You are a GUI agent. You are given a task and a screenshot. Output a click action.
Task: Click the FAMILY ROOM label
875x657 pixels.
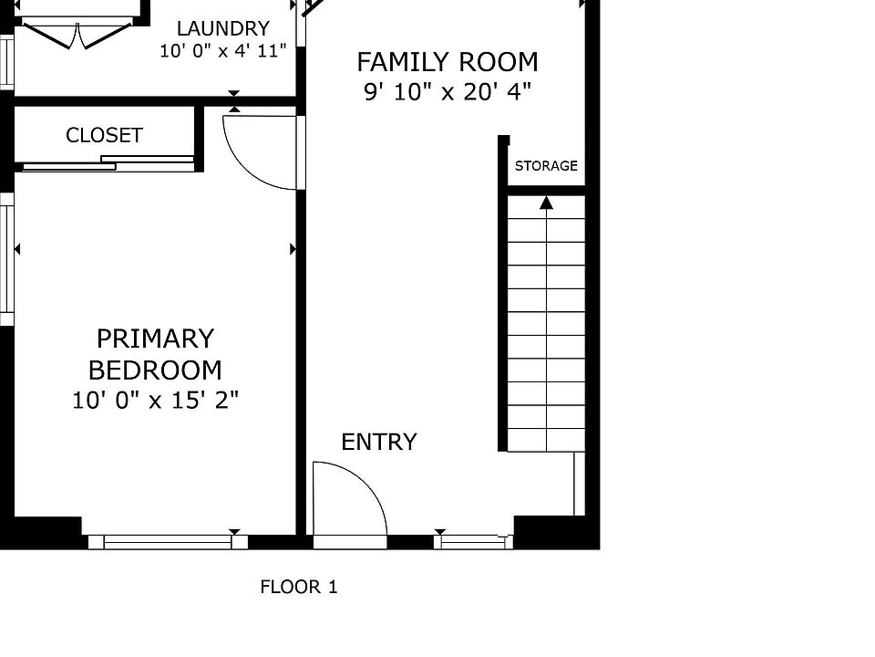447,62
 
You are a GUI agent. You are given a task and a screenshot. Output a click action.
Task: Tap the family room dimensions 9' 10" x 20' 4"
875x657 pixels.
447,91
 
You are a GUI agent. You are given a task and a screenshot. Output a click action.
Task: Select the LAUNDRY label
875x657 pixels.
223,28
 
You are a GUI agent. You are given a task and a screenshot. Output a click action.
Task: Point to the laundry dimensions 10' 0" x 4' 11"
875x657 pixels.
223,51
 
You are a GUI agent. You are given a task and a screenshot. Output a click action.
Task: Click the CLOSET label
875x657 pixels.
104,135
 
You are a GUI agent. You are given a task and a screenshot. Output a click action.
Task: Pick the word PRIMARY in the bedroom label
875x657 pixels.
155,339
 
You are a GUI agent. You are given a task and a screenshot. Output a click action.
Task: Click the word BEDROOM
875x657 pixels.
155,370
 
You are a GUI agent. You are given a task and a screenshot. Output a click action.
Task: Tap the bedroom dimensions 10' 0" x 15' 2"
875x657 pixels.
155,401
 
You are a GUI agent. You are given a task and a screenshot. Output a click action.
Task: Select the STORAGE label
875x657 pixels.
546,166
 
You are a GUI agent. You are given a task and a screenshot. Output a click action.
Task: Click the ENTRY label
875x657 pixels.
379,442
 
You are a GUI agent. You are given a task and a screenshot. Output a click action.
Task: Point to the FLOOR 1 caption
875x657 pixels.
299,587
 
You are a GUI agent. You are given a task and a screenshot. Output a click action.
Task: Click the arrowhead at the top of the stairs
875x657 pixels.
546,203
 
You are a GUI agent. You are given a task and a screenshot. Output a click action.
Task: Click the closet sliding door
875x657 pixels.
108,163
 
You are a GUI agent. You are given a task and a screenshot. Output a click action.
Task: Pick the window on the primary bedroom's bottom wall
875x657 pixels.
168,542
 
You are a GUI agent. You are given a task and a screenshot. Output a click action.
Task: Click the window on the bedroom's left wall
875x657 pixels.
6,259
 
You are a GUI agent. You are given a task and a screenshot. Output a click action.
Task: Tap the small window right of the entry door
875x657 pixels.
473,542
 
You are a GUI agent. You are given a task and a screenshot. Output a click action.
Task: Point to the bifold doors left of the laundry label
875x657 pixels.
77,35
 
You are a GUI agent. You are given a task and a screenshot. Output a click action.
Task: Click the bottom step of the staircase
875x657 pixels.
546,440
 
